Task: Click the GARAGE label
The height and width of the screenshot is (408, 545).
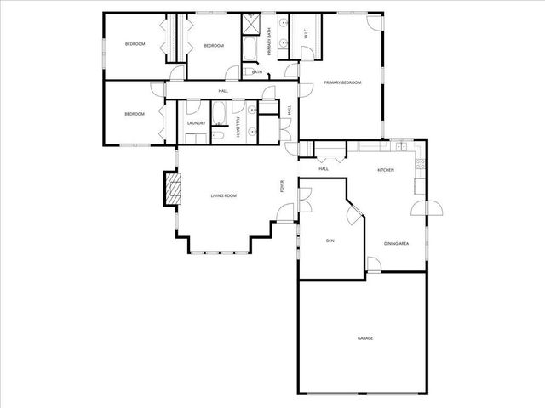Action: click(x=365, y=338)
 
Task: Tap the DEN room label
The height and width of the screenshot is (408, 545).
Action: click(x=330, y=241)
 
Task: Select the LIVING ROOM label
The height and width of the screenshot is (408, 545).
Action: click(x=224, y=196)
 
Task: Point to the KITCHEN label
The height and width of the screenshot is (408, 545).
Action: click(x=386, y=170)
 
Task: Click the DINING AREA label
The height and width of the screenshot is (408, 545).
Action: click(x=397, y=244)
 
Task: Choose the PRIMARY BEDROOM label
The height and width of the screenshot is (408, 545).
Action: click(x=342, y=82)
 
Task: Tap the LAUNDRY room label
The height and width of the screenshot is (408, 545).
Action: click(x=196, y=124)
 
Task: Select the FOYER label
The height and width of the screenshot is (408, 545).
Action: click(x=282, y=186)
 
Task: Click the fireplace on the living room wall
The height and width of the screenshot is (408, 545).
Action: click(x=174, y=187)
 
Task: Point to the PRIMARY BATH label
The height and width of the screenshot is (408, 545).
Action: click(x=269, y=41)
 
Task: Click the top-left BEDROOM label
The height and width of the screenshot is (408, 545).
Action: click(x=135, y=44)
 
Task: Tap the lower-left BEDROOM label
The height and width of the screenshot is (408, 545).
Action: click(x=135, y=114)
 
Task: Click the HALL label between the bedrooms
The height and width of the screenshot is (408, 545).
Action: click(x=223, y=91)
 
